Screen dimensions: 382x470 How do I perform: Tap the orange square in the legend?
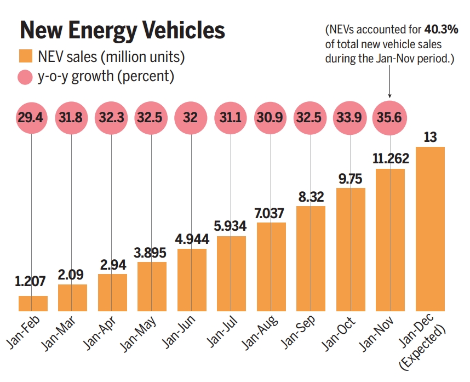tap(26, 56)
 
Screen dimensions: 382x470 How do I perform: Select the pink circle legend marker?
tap(26, 77)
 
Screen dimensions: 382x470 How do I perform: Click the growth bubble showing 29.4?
tap(32, 118)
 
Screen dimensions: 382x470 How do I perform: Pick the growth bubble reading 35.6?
tap(390, 118)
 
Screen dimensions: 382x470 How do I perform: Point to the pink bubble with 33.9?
tap(351, 118)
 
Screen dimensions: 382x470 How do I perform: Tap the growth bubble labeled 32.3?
tap(112, 118)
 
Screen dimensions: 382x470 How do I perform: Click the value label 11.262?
tap(390, 159)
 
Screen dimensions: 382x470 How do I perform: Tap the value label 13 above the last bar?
tap(430, 137)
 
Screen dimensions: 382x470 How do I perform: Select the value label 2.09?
tap(72, 275)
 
